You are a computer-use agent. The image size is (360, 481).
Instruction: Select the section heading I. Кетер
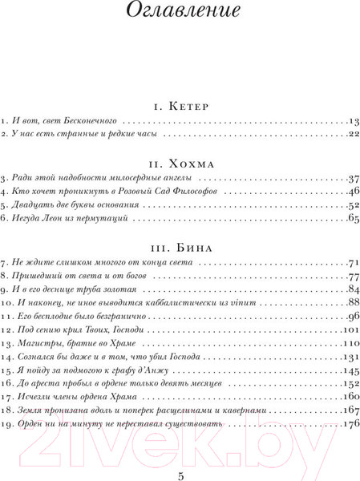pos(180,105)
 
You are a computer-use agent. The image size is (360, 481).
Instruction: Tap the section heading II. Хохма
pos(180,160)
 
